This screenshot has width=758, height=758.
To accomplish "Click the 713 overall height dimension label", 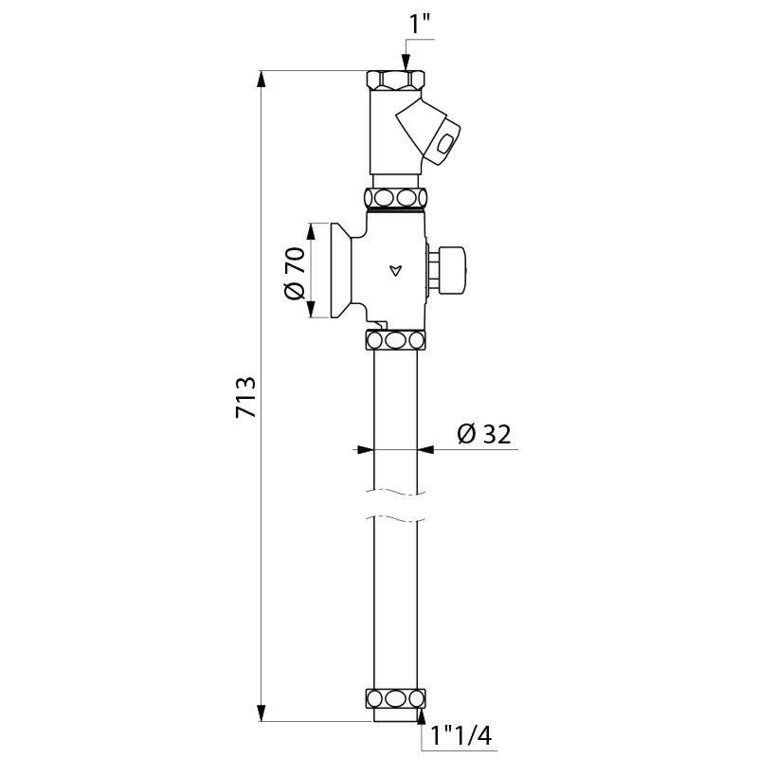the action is click(245, 396).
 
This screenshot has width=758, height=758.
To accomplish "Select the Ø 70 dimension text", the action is click(295, 273).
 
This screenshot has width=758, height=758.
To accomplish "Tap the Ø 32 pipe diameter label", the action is click(483, 434).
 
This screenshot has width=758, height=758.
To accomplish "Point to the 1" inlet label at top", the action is click(420, 26).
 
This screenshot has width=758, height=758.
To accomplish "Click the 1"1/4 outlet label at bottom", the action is click(460, 736).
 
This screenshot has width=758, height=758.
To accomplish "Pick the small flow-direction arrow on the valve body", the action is click(395, 271).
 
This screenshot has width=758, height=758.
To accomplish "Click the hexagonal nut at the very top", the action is click(395, 80).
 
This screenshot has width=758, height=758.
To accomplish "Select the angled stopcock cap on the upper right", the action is click(429, 132).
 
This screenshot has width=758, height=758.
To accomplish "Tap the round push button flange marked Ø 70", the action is click(340, 271).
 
